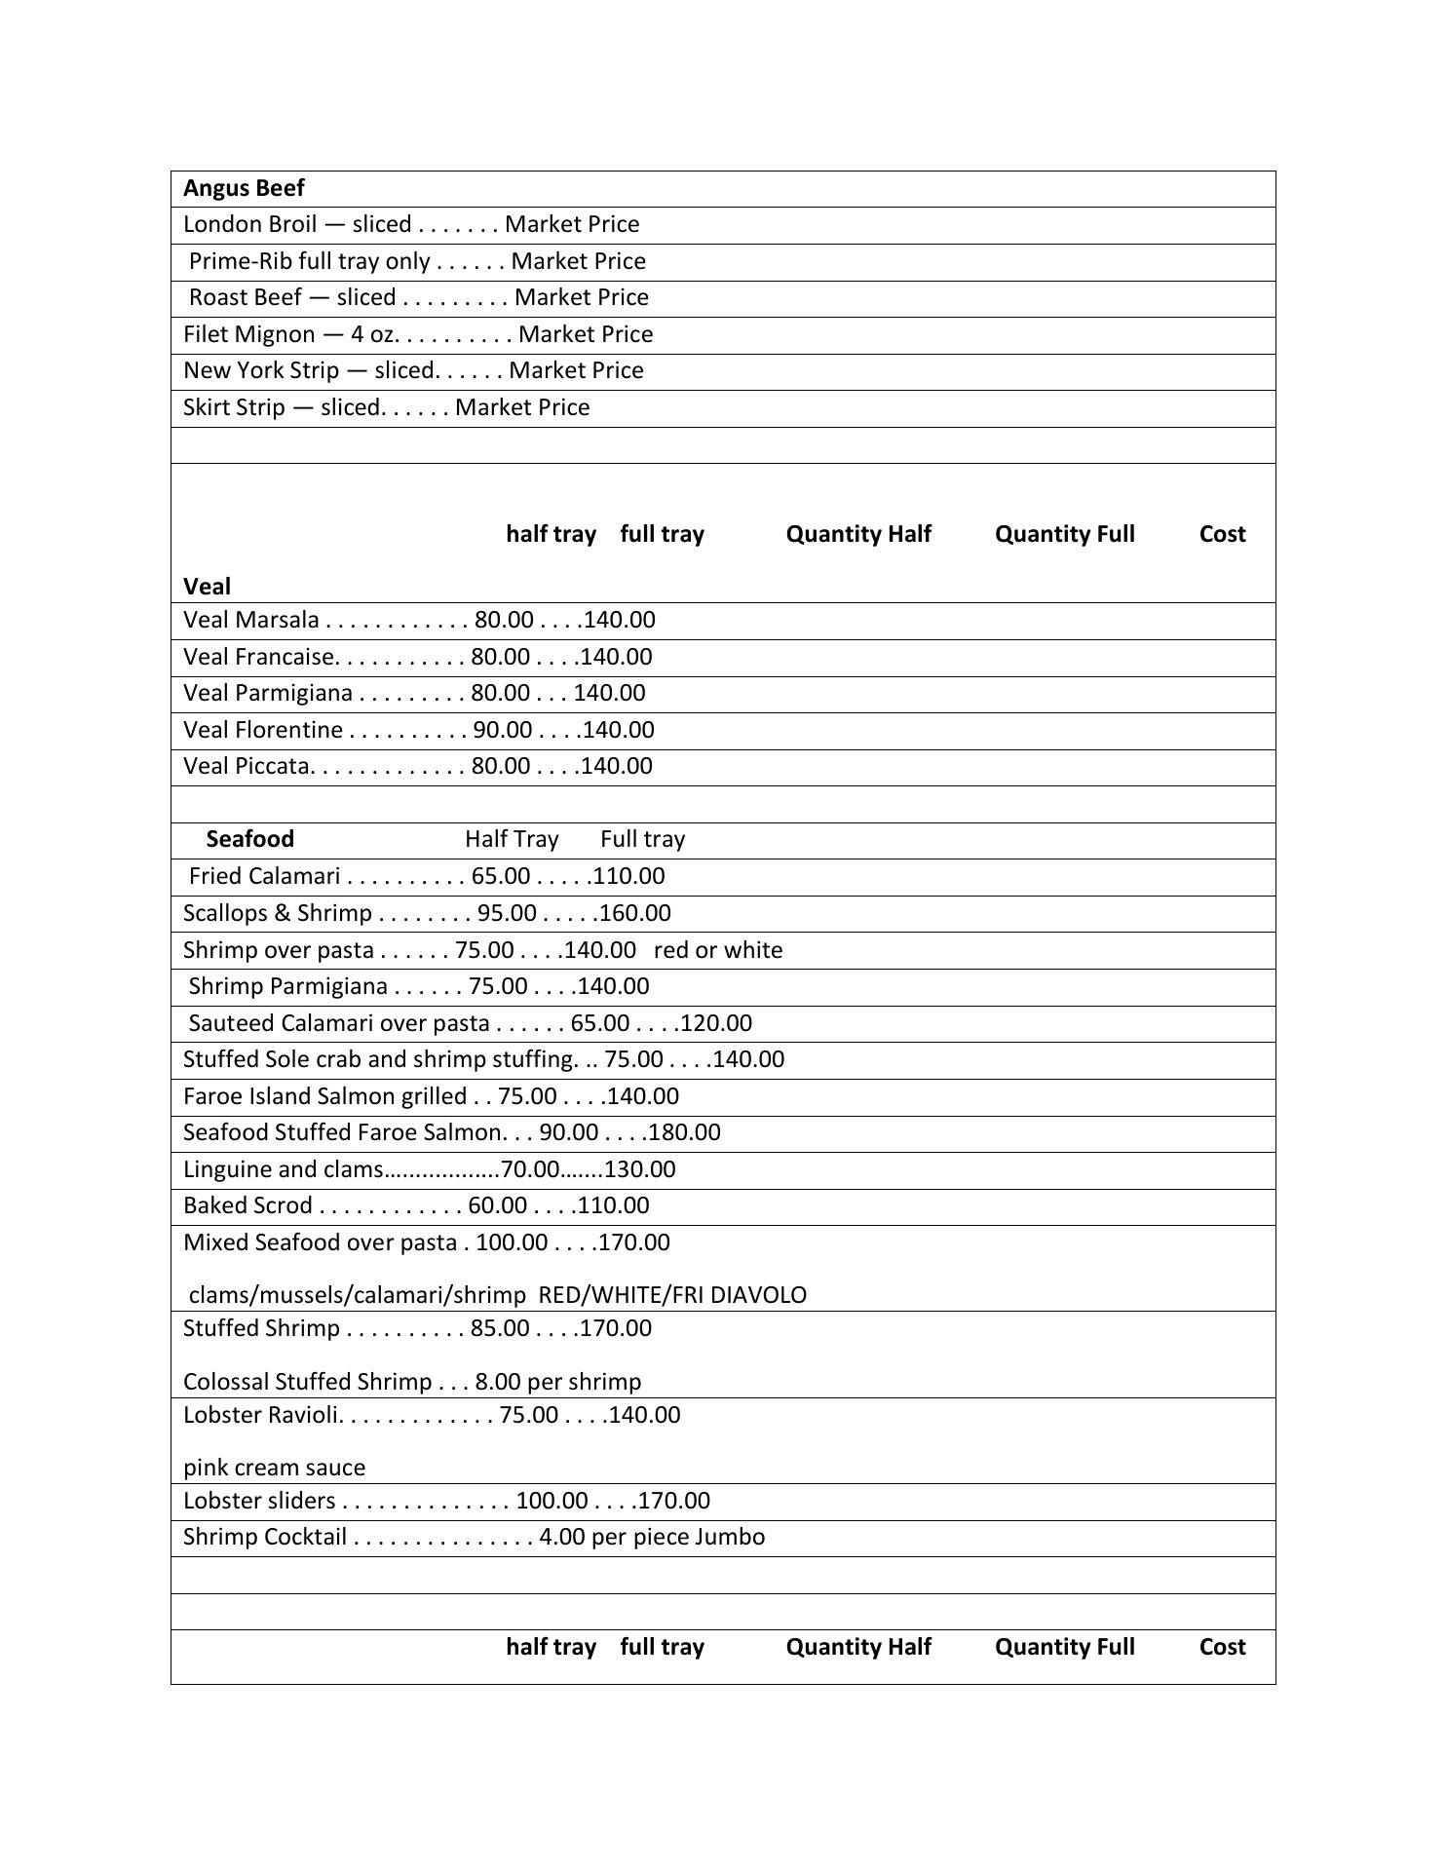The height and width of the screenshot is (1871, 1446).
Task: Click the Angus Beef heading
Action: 244,188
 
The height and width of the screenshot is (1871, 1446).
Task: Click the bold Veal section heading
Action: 207,587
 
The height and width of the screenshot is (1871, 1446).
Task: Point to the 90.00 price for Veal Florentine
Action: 503,730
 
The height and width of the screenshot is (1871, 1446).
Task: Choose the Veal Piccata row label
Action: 246,766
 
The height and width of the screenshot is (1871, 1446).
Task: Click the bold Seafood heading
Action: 249,839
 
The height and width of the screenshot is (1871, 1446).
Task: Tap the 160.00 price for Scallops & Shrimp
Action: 635,913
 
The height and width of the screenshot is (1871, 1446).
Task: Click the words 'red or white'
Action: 718,950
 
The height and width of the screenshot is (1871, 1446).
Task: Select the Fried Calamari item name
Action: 264,876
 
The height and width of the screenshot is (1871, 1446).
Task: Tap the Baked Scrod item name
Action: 247,1205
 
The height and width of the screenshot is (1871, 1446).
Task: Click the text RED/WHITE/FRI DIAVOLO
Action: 672,1295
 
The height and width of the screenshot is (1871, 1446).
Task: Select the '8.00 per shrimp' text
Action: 558,1382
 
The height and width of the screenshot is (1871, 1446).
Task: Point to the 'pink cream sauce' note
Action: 274,1468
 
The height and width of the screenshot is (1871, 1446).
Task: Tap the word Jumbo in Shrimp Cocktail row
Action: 730,1537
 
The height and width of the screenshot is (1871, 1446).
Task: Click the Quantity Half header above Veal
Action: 858,534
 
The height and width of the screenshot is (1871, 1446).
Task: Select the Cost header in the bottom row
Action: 1222,1647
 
